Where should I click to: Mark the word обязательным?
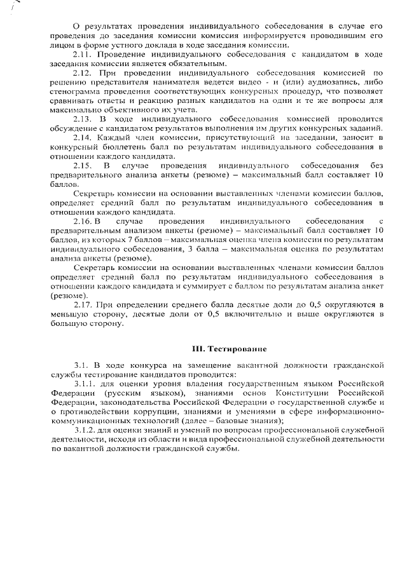click(x=193, y=64)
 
